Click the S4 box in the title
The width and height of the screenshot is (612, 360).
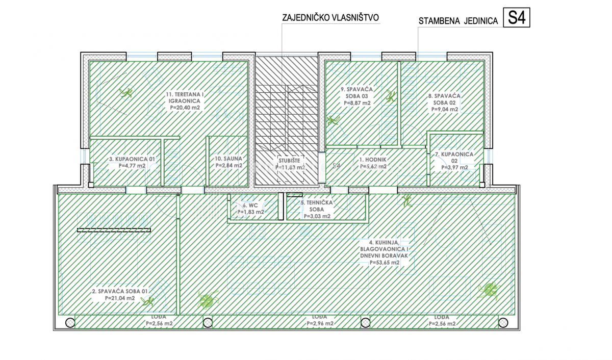517,18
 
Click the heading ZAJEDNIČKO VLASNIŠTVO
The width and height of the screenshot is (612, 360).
330,18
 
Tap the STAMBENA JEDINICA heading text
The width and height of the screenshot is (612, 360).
458,21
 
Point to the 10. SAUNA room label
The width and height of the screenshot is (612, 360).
228,159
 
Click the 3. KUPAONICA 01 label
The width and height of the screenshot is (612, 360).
132,159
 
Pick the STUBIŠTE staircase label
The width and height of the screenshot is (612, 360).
290,160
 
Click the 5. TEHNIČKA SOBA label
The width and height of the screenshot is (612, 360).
316,209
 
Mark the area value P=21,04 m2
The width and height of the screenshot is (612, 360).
120,298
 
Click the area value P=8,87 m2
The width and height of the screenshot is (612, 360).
357,102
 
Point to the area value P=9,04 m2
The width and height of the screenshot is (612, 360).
444,109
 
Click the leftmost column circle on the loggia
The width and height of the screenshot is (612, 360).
69,322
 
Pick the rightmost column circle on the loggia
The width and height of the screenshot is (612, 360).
503,322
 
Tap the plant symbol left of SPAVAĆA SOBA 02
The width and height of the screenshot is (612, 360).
391,96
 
